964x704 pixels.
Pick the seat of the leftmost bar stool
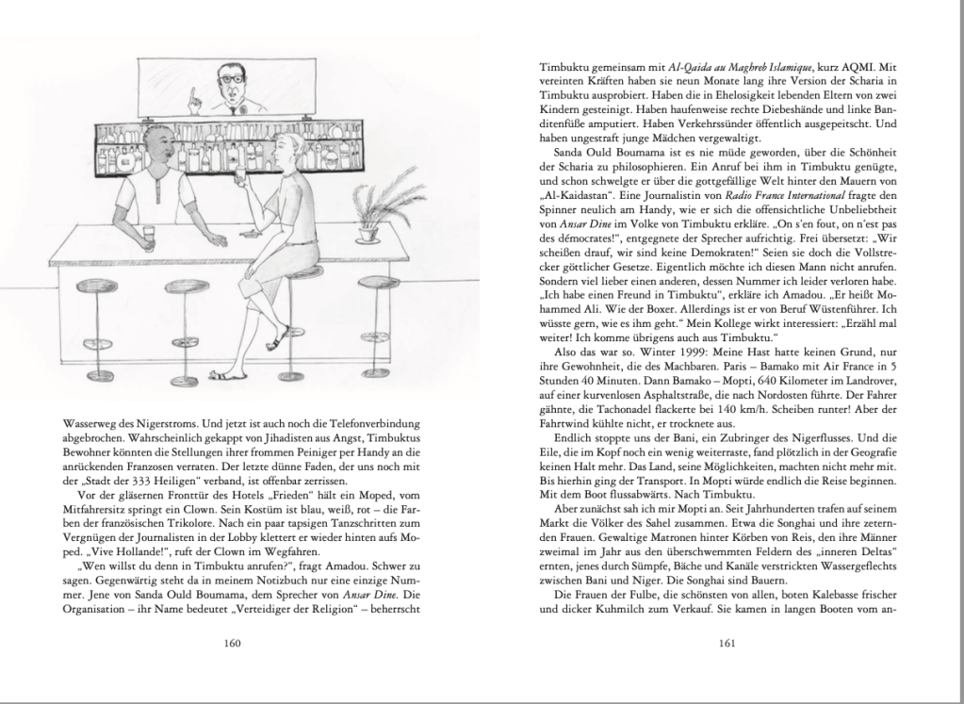(96, 287)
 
